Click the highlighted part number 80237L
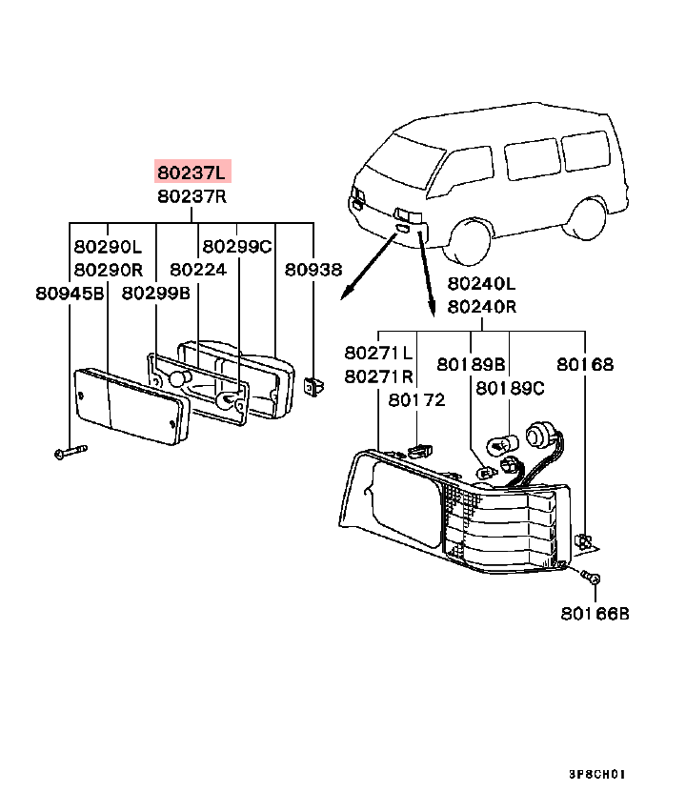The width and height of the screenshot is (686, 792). [193, 173]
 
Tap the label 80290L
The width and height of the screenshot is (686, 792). [108, 246]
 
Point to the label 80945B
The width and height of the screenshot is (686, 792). [70, 294]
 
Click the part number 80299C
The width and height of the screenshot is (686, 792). [237, 246]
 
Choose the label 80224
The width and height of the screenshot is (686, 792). [198, 270]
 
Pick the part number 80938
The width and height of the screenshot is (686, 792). [313, 270]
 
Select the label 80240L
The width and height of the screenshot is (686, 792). [481, 283]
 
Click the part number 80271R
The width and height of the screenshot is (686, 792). [378, 376]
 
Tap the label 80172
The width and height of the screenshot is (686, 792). [416, 400]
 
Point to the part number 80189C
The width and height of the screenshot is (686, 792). [511, 388]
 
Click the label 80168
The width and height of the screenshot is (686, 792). [586, 364]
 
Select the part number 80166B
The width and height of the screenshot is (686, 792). [595, 614]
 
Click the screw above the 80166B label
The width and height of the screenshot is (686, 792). [592, 578]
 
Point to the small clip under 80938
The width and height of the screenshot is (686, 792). [313, 386]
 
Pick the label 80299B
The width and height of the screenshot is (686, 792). [155, 294]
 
